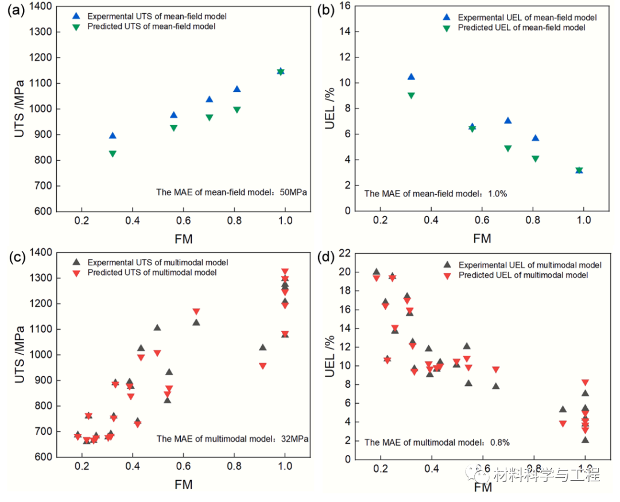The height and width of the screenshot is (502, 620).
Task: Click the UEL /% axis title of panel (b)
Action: click(x=330, y=109)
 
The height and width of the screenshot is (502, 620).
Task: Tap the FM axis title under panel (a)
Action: click(x=184, y=238)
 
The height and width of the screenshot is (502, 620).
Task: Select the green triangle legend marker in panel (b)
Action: click(x=447, y=28)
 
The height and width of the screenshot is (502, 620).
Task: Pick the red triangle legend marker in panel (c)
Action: click(x=76, y=273)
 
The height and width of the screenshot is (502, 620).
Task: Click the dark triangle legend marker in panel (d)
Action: click(x=447, y=265)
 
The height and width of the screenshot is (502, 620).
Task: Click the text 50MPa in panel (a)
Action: click(x=294, y=192)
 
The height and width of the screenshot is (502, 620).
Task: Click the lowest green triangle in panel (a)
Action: click(x=113, y=154)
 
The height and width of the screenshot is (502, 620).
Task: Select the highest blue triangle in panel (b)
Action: click(x=411, y=76)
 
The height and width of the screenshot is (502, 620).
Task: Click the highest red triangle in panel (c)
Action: click(x=285, y=272)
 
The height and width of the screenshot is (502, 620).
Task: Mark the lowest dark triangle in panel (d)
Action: click(x=585, y=440)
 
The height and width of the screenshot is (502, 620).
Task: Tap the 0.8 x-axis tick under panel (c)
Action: click(x=234, y=467)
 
